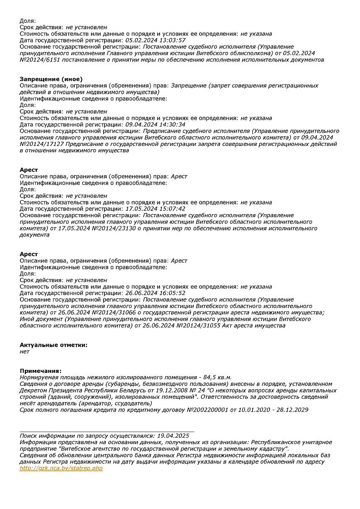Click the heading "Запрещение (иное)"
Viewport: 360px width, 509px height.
(51, 79)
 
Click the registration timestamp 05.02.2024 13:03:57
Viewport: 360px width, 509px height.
(156, 40)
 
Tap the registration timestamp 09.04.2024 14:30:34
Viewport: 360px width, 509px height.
(156, 125)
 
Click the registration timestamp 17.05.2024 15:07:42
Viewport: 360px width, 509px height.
(156, 209)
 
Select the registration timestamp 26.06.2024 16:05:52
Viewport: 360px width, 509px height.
(156, 293)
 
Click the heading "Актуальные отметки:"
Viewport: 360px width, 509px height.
(53, 345)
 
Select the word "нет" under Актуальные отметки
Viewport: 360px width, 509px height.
(25, 352)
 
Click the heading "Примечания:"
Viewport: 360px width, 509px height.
(41, 371)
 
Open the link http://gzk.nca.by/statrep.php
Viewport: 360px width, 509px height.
(61, 468)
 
